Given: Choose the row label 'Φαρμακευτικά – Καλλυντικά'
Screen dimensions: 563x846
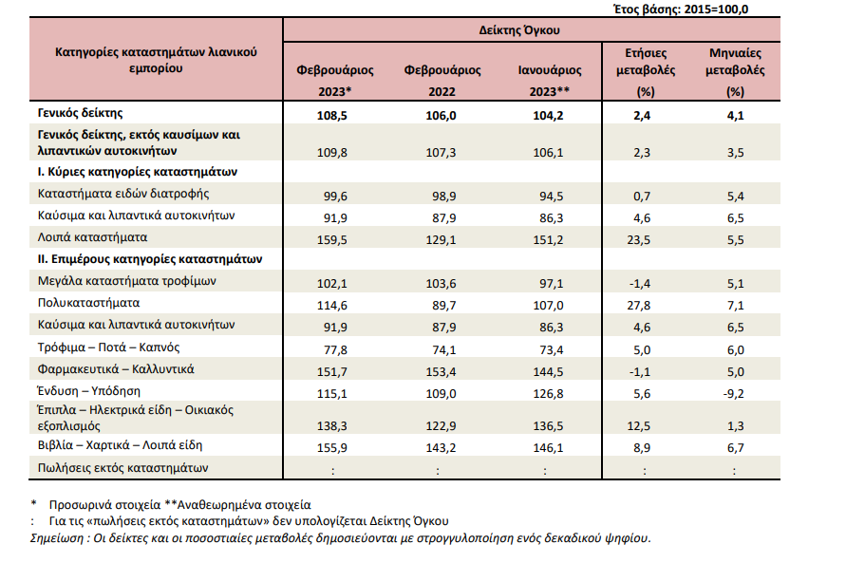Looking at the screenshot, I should pos(116,368).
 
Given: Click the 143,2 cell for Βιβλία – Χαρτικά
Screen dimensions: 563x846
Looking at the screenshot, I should pos(442,445).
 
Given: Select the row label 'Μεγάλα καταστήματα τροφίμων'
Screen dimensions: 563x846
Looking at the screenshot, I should pos(126,281).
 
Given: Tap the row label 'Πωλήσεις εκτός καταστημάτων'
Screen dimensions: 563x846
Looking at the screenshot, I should pos(122,467).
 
